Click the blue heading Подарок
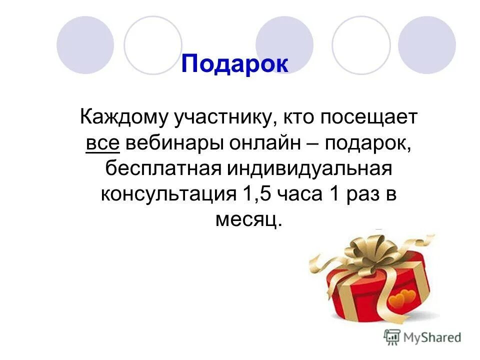pos(234,64)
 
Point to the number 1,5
pos(251,193)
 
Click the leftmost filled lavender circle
pos(85,45)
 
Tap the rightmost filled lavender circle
pos(427,45)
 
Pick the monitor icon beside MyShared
pos(391,336)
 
